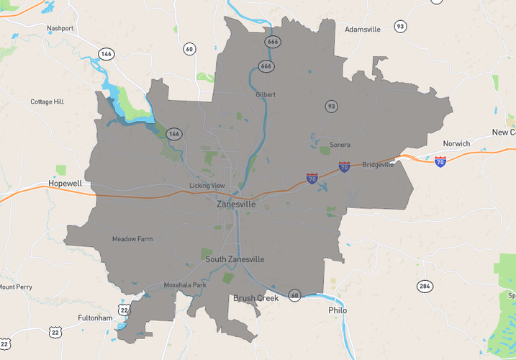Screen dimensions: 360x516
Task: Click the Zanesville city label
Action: click(x=236, y=204)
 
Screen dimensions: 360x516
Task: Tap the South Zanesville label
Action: click(x=235, y=259)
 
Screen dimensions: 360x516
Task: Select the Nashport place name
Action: click(x=60, y=28)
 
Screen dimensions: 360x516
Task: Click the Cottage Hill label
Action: click(x=47, y=102)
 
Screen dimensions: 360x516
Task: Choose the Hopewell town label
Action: click(x=65, y=184)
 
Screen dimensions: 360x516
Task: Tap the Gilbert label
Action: click(x=266, y=94)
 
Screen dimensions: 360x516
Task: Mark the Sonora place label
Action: click(x=340, y=145)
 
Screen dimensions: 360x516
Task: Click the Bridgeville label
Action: click(x=378, y=164)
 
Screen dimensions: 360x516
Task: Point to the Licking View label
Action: click(x=207, y=185)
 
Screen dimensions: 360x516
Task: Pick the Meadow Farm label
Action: click(x=132, y=239)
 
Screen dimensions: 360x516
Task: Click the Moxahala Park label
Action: click(x=185, y=285)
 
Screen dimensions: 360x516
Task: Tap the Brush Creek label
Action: click(x=255, y=298)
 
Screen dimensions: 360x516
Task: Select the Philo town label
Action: click(x=338, y=310)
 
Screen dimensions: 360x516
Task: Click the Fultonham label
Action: click(x=96, y=318)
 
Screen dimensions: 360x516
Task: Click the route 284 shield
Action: click(x=425, y=287)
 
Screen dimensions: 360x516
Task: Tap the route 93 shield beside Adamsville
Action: click(x=400, y=27)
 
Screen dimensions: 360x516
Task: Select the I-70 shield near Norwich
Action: click(x=440, y=161)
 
